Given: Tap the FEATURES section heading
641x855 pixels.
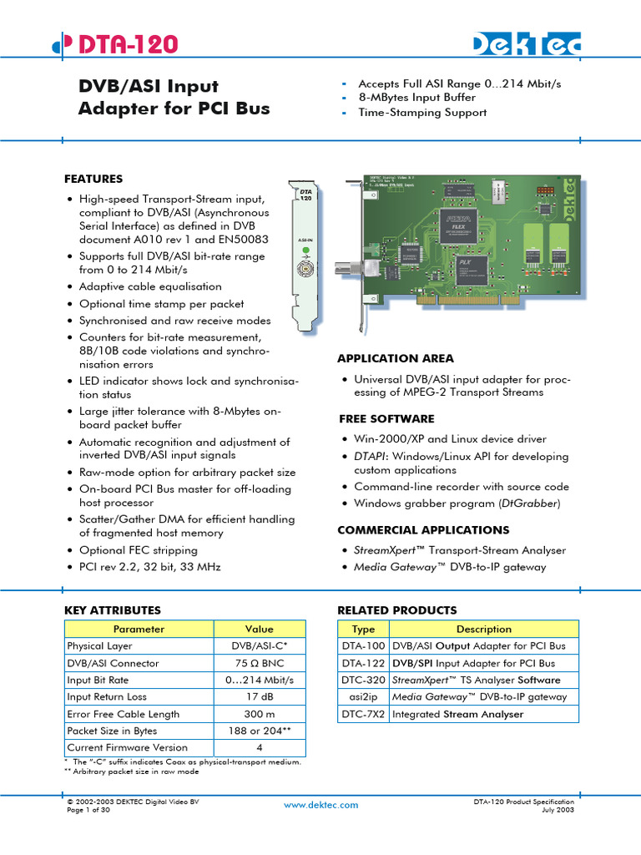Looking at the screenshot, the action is (93, 179).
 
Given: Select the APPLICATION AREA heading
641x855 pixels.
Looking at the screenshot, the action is (396, 358).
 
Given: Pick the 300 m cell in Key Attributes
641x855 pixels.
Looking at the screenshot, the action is (260, 714).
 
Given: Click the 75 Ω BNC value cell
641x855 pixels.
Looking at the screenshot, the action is (260, 663).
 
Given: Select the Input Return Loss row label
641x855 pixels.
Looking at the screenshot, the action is (107, 696).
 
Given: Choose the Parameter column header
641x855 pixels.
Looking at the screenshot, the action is (139, 629).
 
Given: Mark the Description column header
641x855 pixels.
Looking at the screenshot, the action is (483, 629).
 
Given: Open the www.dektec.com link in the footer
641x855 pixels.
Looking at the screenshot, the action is (320, 805).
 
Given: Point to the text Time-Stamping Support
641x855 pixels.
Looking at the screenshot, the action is (422, 113).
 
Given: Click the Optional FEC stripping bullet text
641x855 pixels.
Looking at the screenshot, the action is (139, 550).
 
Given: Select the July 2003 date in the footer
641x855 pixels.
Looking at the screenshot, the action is (558, 810).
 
